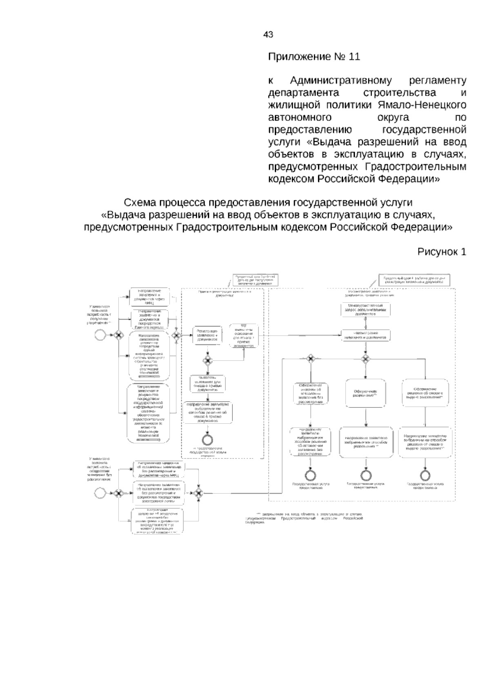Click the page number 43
[268, 35]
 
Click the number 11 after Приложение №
[354, 57]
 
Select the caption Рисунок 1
[441, 252]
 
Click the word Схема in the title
[140, 203]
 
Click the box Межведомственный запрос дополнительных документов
[365, 310]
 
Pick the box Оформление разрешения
[365, 393]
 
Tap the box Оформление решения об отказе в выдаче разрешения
[425, 393]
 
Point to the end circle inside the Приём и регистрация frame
[208, 440]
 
